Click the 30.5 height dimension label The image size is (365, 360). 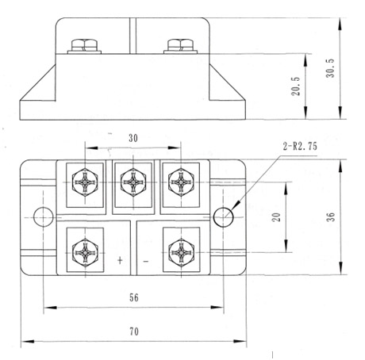click(330, 68)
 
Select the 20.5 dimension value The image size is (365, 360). click(296, 86)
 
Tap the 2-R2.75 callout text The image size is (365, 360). click(300, 146)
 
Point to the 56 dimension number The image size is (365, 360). click(134, 297)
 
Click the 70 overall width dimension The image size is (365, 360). click(134, 331)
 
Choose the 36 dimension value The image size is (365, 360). click(331, 216)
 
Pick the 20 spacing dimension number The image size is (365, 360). click(276, 217)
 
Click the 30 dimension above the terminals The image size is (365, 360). click(133, 138)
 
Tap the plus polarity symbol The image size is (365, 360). click(120, 260)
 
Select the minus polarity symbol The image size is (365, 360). click(146, 262)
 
